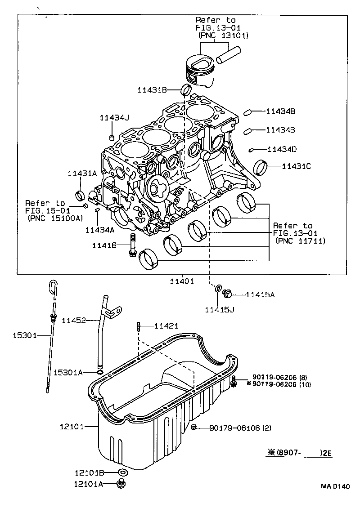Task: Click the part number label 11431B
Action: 152,90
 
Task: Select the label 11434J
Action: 114,118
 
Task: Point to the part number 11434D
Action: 282,149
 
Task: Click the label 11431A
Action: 82,173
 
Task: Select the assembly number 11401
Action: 181,281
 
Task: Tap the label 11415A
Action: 260,295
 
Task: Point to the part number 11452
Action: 74,320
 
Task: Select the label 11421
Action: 166,325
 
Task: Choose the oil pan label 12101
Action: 72,426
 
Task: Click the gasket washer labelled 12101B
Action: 122,472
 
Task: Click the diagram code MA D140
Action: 335,486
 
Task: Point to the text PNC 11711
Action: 300,241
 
